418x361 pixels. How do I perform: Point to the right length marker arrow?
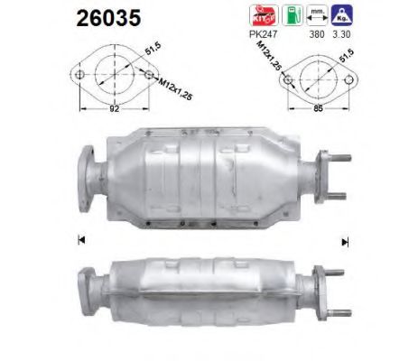coord(343,241)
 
